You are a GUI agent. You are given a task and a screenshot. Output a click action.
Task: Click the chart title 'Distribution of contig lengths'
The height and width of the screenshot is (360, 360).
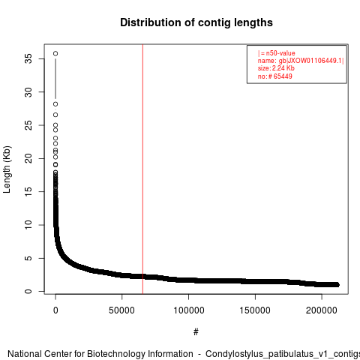tap(196, 22)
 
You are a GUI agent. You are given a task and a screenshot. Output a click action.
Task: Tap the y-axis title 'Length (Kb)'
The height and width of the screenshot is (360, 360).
tap(7, 169)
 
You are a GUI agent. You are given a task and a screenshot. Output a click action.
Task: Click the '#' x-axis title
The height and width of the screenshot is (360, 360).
tap(196, 332)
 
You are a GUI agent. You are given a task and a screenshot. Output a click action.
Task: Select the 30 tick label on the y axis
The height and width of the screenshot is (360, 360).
tap(28, 92)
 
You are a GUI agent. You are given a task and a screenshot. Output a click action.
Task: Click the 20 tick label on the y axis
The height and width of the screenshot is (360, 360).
tap(28, 158)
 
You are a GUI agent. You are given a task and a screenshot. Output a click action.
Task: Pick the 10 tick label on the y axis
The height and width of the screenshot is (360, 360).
tap(28, 225)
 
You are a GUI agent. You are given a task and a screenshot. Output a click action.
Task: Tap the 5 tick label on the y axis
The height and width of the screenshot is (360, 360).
tap(28, 258)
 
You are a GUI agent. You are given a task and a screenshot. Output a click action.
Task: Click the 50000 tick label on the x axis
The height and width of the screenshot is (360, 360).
tap(121, 310)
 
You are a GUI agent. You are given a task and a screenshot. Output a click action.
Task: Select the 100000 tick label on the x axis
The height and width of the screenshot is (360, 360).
tap(189, 310)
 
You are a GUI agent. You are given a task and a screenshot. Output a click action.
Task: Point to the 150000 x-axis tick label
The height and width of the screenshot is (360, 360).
tap(255, 310)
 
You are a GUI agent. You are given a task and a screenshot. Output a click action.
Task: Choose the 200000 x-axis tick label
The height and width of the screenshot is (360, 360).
tap(322, 310)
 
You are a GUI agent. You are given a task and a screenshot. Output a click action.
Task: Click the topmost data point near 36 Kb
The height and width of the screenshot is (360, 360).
tap(55, 53)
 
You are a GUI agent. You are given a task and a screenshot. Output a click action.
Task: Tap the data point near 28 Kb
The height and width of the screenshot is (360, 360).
tap(55, 104)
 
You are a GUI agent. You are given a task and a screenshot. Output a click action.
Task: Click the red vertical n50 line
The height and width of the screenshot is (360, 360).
tap(142, 169)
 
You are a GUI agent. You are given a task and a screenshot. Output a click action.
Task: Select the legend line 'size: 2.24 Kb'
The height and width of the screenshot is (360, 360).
tap(276, 68)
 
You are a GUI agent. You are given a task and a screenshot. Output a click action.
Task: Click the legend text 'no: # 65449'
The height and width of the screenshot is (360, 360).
tap(274, 76)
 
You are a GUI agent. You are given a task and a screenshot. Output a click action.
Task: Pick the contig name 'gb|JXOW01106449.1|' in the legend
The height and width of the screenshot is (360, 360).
tap(311, 61)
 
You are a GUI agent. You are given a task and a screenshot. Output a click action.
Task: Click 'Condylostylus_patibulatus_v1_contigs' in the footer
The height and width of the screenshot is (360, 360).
tap(283, 354)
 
